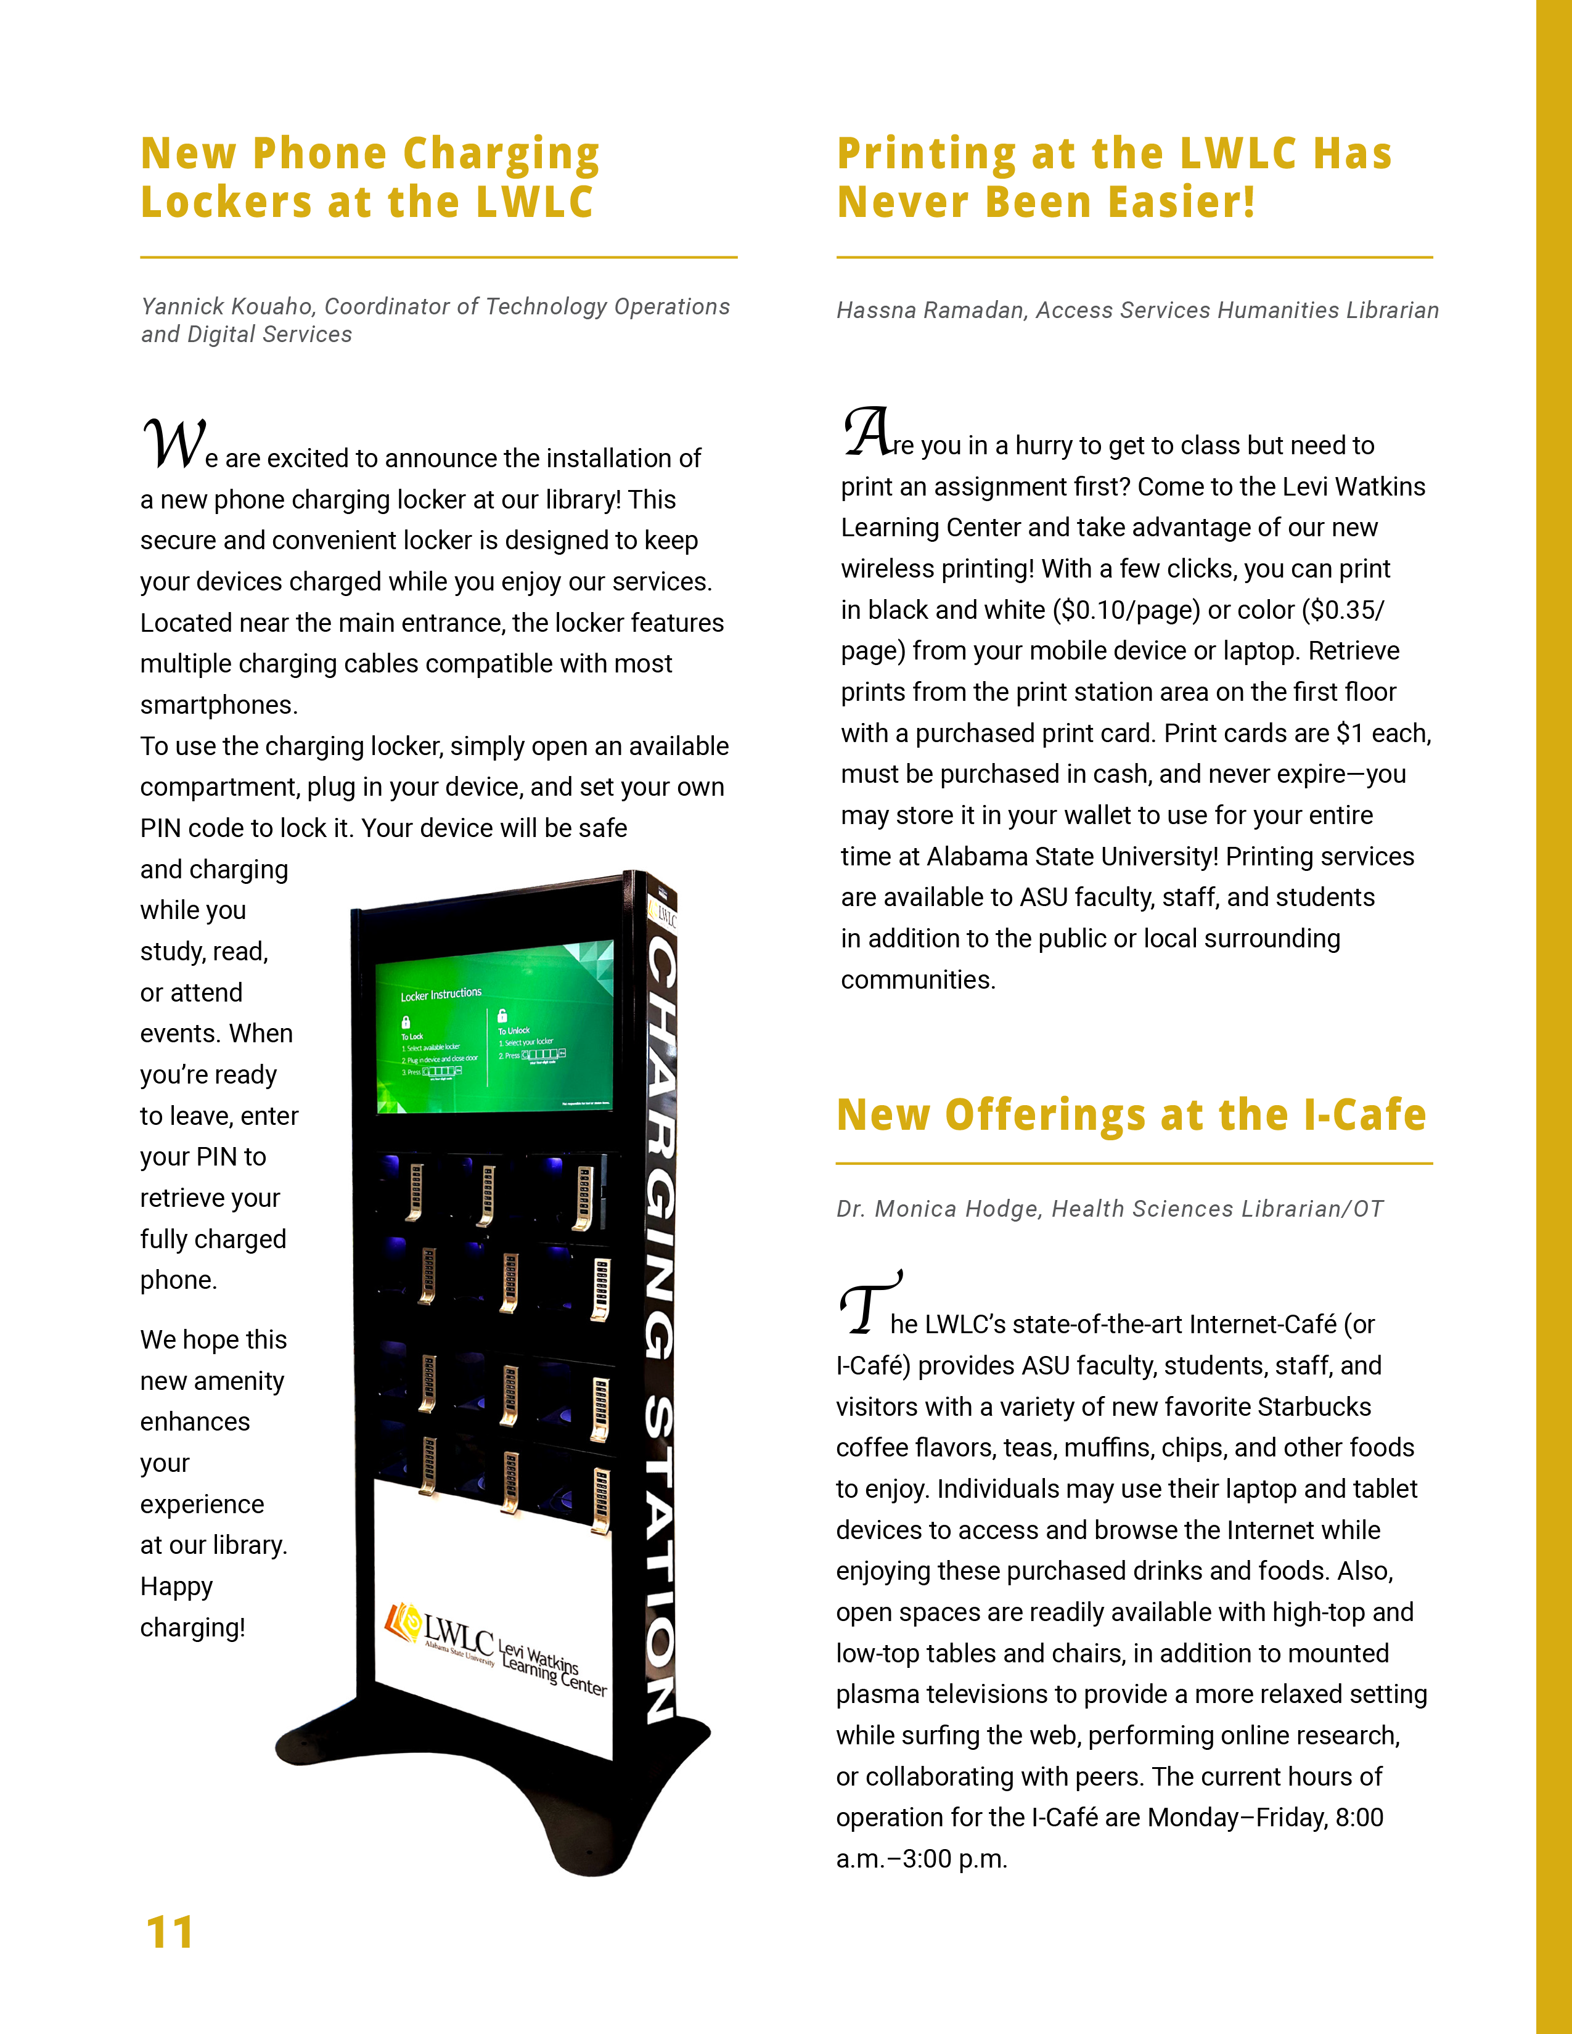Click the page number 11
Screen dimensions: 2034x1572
pos(170,1932)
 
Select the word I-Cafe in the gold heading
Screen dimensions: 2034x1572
pos(1364,1116)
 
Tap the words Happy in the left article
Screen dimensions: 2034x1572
pos(177,1586)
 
